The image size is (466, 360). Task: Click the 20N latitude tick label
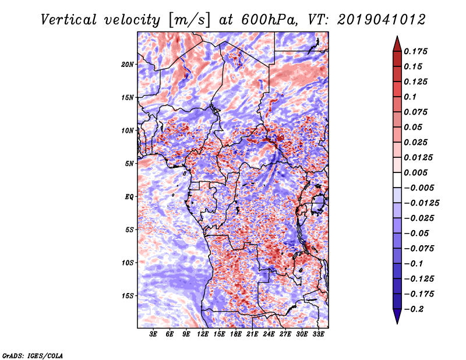click(128, 65)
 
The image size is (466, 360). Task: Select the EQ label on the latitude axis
click(129, 197)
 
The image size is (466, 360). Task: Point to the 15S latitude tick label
click(128, 296)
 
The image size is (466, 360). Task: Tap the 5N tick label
click(129, 164)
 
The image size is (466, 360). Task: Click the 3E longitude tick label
click(153, 334)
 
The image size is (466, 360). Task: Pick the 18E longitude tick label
click(236, 334)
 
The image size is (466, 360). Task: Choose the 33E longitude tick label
click(318, 334)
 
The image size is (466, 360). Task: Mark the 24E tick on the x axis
click(269, 334)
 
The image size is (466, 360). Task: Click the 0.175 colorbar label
click(415, 51)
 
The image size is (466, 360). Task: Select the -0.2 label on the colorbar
click(414, 309)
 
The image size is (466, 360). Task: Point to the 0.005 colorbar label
click(415, 172)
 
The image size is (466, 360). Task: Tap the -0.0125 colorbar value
click(421, 203)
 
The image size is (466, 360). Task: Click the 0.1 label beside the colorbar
click(410, 97)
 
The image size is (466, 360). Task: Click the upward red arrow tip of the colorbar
click(397, 37)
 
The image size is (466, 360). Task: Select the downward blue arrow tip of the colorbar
click(397, 323)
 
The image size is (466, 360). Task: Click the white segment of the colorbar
click(397, 180)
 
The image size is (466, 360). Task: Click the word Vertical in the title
click(69, 20)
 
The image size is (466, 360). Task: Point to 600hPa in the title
click(269, 20)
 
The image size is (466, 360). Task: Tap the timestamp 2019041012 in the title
click(382, 20)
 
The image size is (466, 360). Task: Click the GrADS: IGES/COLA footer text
click(33, 355)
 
